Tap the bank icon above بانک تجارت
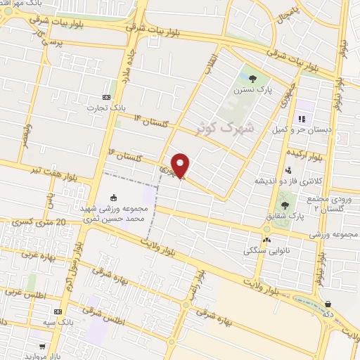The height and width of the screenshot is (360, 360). [x=106, y=97]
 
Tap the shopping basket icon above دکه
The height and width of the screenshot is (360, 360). [x=328, y=304]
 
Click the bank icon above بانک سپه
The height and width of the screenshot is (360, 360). [x=58, y=311]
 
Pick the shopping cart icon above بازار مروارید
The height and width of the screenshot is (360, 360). [x=43, y=347]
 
